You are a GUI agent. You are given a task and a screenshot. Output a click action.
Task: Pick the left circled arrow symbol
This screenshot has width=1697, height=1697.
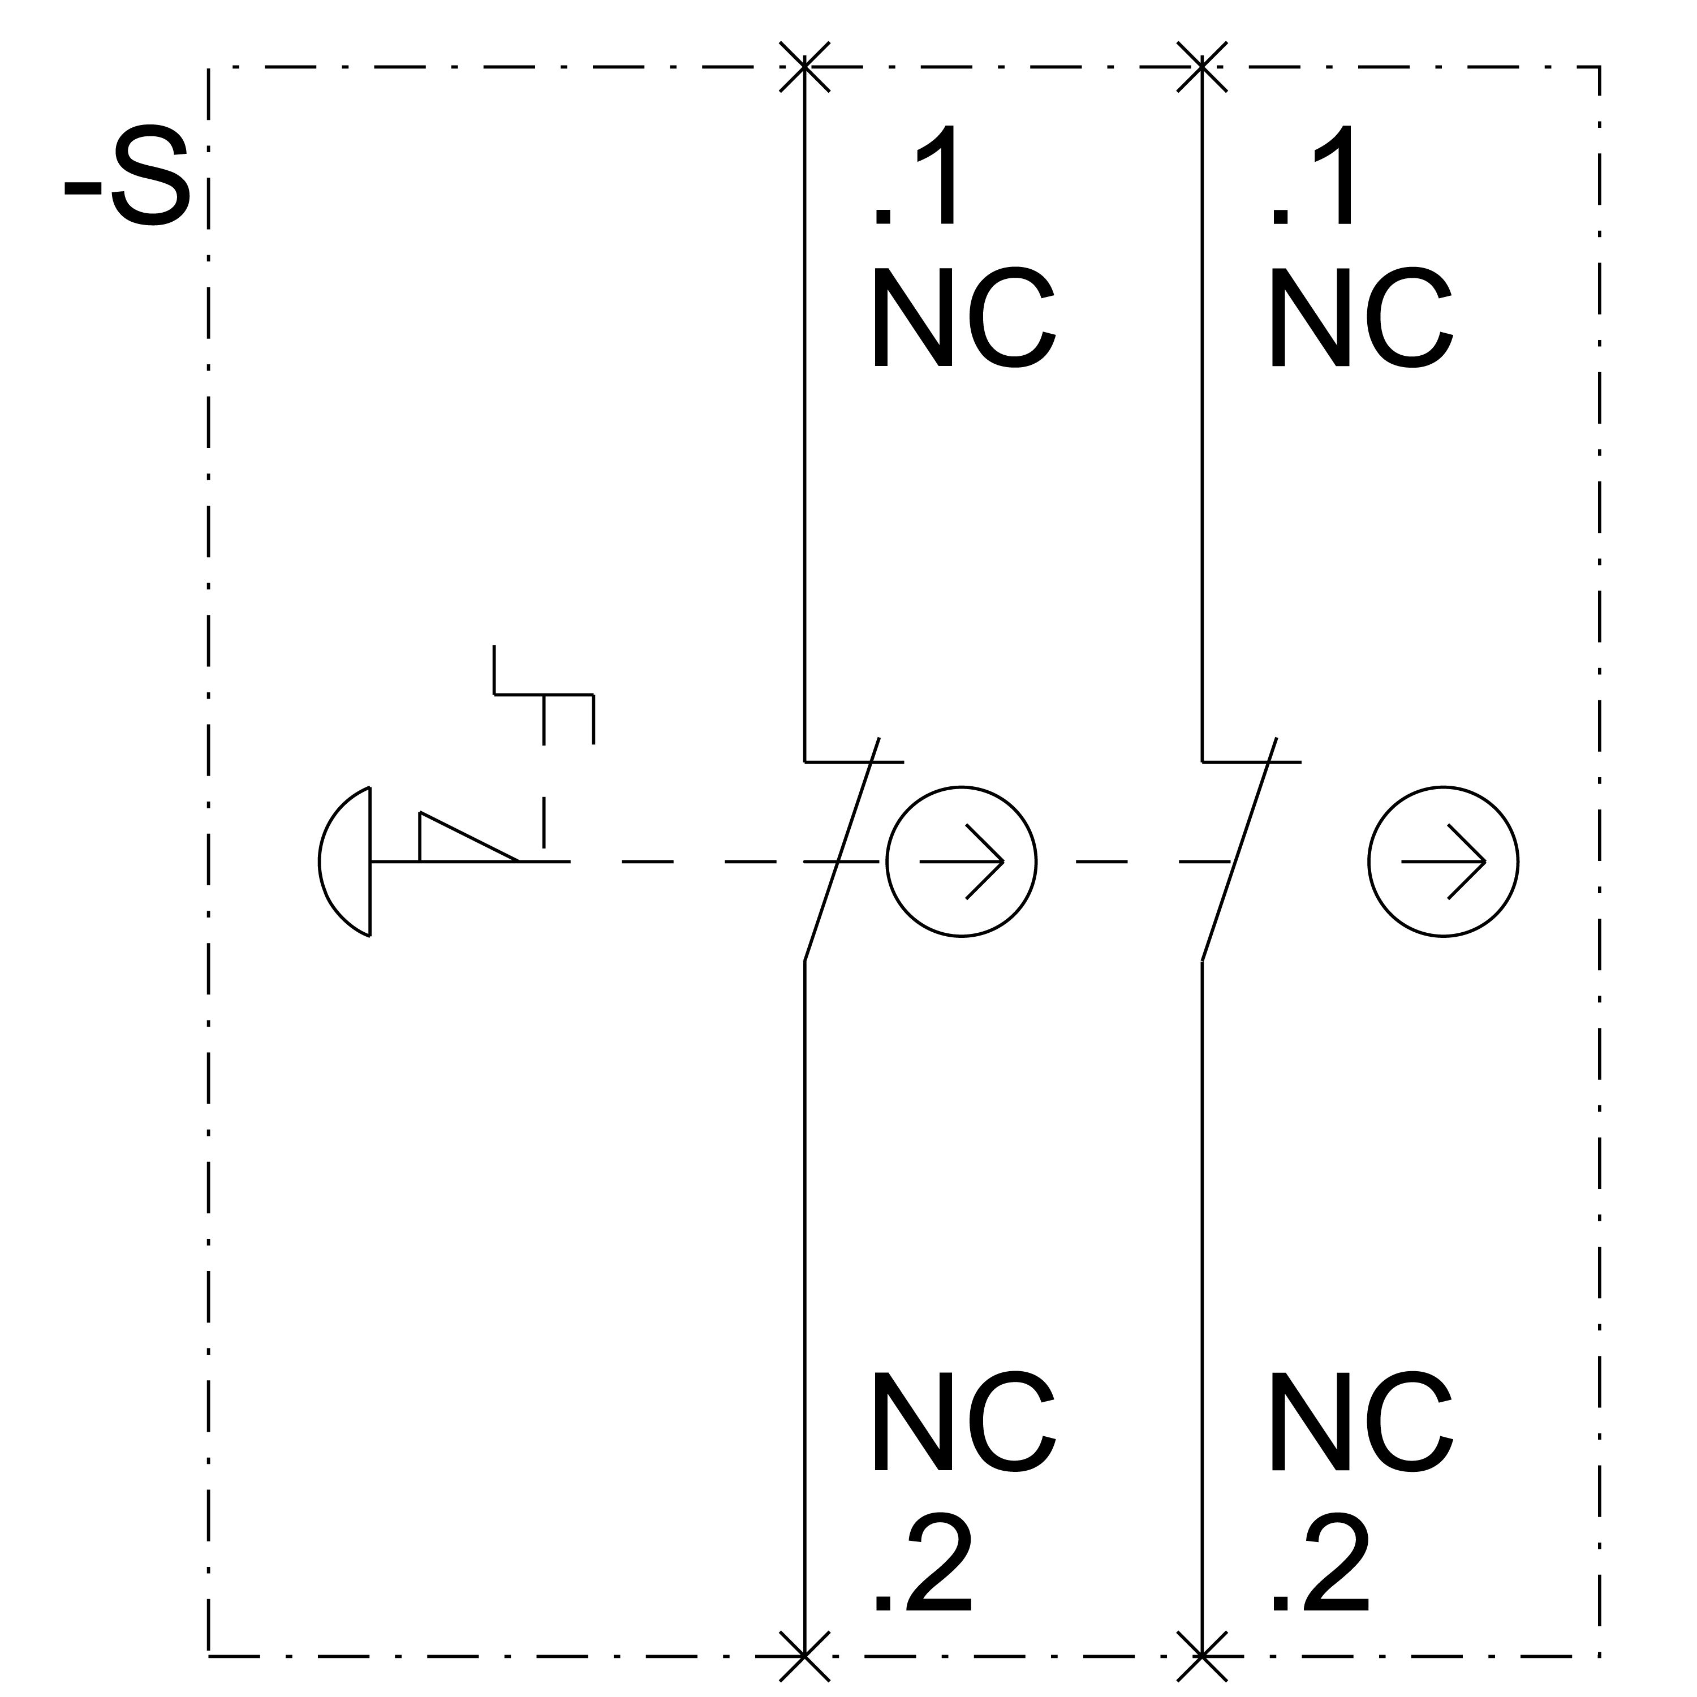click(x=962, y=862)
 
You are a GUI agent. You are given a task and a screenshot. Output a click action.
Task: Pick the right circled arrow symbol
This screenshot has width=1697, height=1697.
click(x=1443, y=862)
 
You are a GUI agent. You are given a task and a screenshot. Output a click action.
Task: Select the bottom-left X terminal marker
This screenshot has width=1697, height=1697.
click(x=804, y=1656)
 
